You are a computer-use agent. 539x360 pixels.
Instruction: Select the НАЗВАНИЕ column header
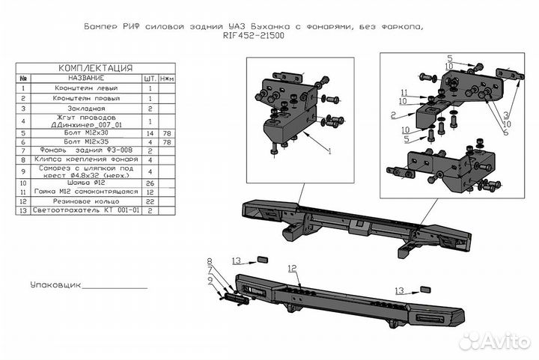pos(85,78)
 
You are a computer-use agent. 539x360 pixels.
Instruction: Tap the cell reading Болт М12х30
pos(85,133)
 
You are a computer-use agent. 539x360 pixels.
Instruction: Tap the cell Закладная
pos(85,108)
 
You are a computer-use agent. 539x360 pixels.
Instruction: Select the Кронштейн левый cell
pos(85,88)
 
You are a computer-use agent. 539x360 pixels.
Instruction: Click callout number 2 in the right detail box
pos(392,115)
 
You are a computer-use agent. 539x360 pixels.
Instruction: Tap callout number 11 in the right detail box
pos(403,93)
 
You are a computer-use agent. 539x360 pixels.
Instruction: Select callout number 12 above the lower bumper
pos(292,268)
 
